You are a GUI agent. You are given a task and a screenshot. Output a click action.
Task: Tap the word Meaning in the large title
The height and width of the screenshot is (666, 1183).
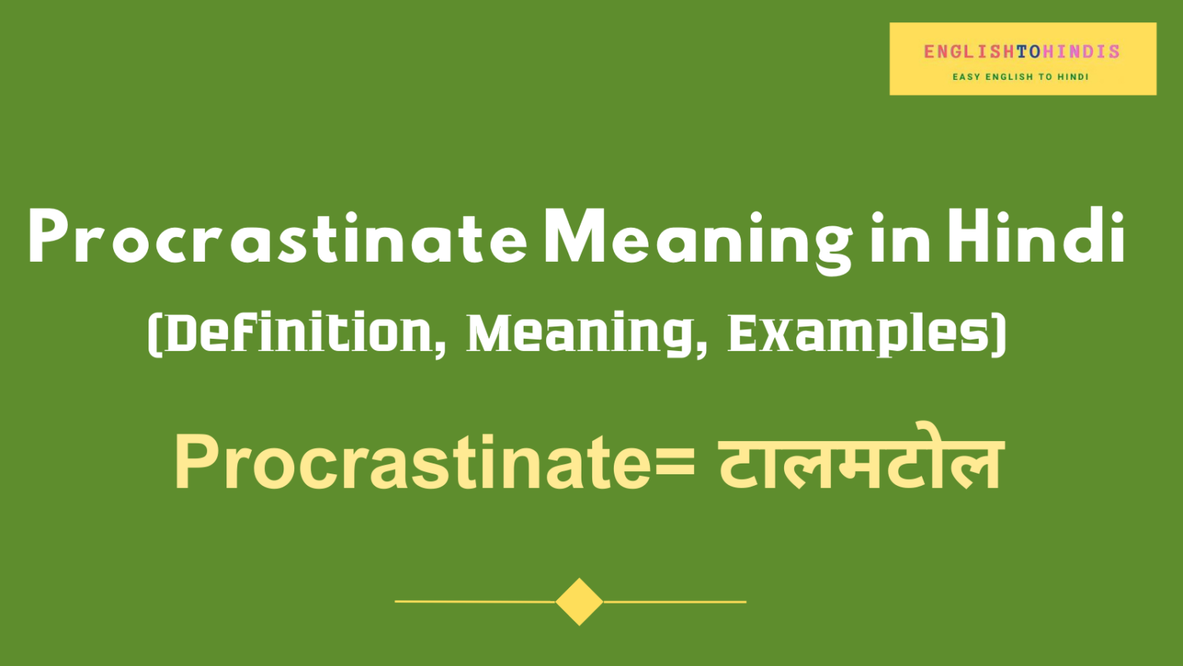pos(698,239)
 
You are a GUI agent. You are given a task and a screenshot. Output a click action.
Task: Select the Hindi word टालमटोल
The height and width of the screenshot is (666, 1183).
pos(861,462)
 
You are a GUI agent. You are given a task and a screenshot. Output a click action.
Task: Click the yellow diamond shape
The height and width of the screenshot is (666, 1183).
pos(579,601)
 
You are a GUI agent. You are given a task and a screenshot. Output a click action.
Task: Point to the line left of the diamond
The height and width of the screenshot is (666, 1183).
pos(474,601)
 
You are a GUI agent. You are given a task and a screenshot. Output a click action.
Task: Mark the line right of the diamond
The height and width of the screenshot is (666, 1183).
pos(675,601)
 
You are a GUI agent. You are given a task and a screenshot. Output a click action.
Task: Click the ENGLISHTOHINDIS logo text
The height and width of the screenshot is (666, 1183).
pos(1022,52)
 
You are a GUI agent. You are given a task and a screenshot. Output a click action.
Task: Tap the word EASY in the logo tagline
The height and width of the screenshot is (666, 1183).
pos(966,77)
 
